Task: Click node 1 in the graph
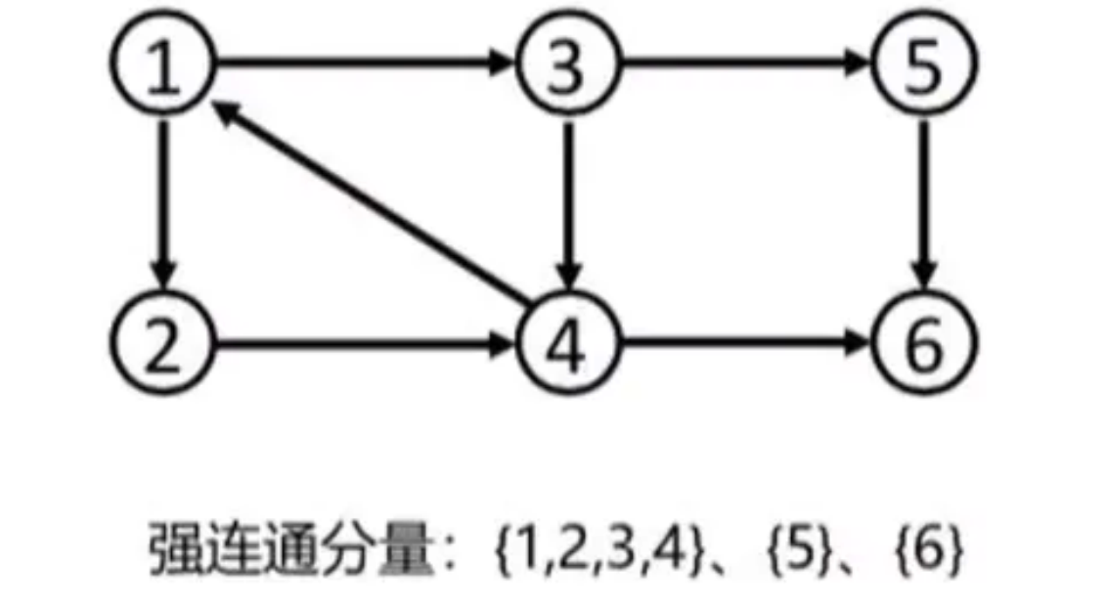tap(163, 67)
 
